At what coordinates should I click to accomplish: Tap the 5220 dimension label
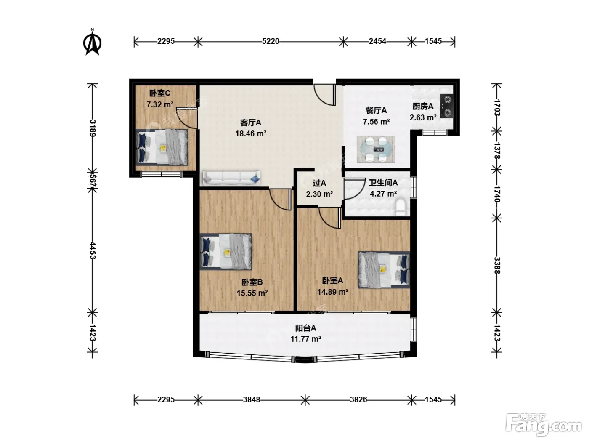tap(271, 41)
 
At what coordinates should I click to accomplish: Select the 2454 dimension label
tap(377, 41)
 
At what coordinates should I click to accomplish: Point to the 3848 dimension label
tap(252, 400)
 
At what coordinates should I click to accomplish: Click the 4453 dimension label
tap(92, 250)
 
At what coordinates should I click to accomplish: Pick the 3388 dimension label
tap(497, 266)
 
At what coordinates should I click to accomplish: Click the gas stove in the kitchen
tap(447, 106)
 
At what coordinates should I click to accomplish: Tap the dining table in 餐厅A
tap(376, 149)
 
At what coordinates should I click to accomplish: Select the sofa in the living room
tap(231, 178)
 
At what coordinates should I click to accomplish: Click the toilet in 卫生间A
tap(401, 207)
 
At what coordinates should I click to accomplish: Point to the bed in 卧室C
tap(162, 147)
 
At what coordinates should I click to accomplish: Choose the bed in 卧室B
tap(226, 252)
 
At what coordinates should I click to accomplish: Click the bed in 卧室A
tap(384, 270)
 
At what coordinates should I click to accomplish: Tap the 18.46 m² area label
tap(251, 133)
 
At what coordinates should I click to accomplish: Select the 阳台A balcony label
tap(305, 328)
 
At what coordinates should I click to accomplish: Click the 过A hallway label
tap(319, 183)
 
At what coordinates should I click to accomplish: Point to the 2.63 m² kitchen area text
tap(423, 117)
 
